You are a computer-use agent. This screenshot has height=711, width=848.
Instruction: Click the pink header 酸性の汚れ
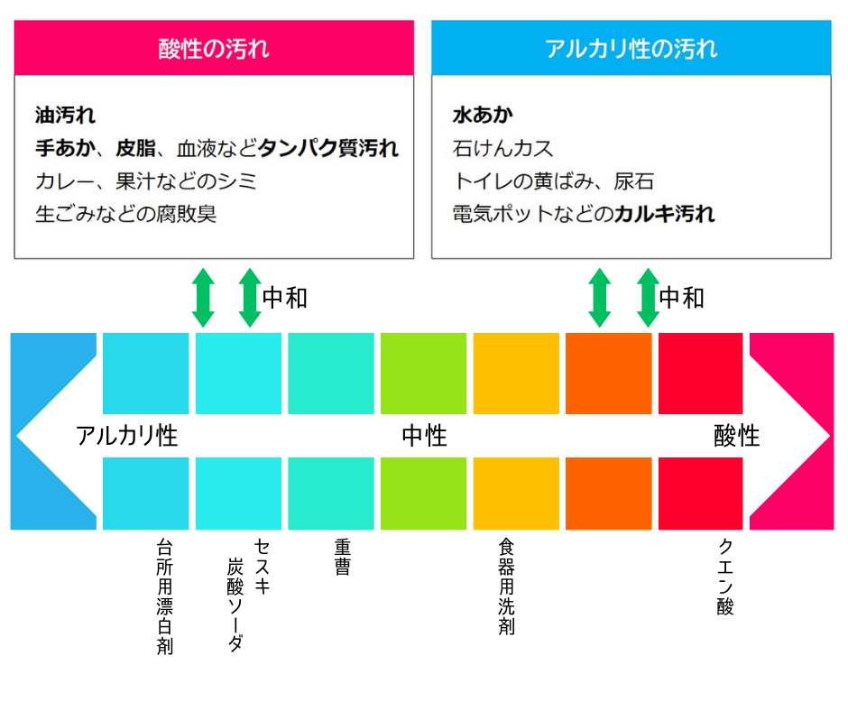214,48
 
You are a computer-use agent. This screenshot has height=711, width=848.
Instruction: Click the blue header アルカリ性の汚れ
631,48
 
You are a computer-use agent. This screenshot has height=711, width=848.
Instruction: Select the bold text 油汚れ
66,115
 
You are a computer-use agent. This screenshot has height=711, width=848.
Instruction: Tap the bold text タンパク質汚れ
328,148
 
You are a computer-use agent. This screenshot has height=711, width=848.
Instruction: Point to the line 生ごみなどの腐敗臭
126,214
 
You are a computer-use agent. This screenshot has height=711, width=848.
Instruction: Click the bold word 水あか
483,115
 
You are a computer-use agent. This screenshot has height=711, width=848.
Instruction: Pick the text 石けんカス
503,148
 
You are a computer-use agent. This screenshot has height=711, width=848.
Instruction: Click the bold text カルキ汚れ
665,214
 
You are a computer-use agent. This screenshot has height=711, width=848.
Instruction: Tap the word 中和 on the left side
285,298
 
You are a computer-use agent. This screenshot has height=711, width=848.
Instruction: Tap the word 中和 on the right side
681,298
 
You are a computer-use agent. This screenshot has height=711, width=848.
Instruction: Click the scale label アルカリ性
127,436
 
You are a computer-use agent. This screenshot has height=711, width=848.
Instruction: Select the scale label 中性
425,436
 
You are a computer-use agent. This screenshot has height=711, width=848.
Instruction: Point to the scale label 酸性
737,436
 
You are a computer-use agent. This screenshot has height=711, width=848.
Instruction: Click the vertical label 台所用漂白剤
164,596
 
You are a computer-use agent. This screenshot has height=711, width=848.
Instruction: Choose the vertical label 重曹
342,557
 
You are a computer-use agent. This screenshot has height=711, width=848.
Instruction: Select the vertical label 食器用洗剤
506,586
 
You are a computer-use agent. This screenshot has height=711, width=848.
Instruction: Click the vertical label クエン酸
725,577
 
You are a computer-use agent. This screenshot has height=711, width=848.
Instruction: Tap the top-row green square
423,374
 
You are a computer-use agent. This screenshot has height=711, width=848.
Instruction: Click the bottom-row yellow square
517,494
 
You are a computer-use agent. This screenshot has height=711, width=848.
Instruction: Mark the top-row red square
700,374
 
